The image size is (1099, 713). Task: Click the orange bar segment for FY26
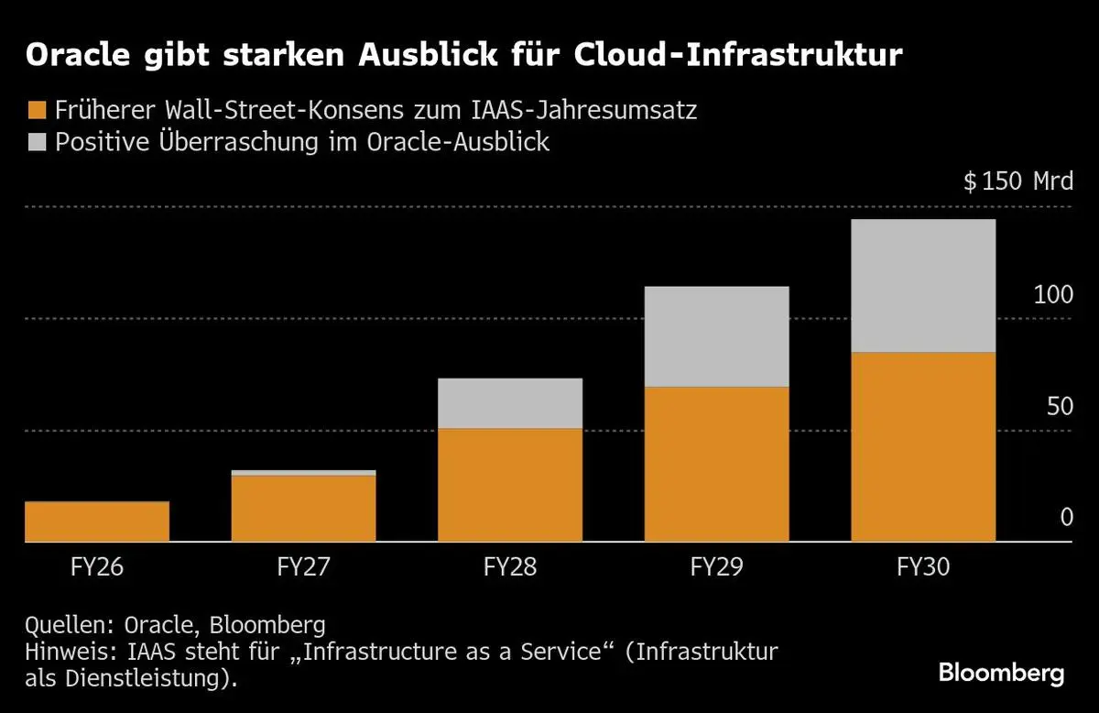click(x=97, y=521)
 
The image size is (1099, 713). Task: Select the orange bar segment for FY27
click(x=303, y=509)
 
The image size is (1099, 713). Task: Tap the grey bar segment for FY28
click(x=510, y=403)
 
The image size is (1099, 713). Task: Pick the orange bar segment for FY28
click(x=510, y=485)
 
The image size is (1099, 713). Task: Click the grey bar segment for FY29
click(x=717, y=336)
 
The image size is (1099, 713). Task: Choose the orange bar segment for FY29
click(x=717, y=464)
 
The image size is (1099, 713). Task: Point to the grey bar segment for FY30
click(x=923, y=285)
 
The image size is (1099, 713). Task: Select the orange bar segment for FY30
click(x=923, y=446)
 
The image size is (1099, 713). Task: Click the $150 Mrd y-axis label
click(x=1017, y=181)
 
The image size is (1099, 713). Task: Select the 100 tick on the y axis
click(x=1052, y=295)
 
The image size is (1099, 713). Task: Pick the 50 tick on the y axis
click(x=1059, y=406)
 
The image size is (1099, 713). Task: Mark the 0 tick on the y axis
click(x=1066, y=518)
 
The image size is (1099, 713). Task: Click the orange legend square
click(x=36, y=111)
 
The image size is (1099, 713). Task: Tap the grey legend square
click(x=36, y=142)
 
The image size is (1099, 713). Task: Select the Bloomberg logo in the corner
click(x=1001, y=674)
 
